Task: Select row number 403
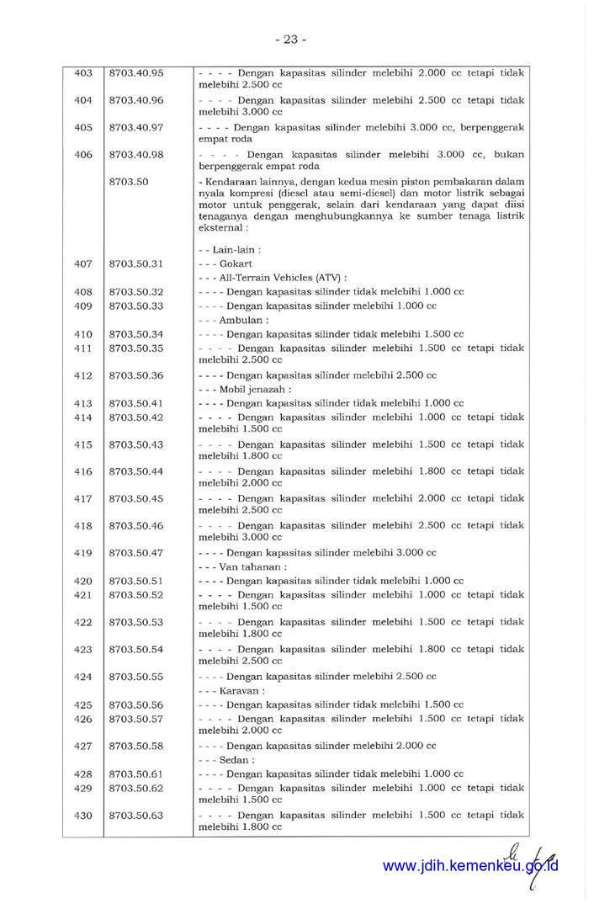(x=83, y=73)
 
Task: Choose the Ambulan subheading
(x=243, y=320)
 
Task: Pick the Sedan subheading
(x=236, y=760)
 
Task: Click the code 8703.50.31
(x=136, y=263)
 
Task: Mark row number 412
(x=83, y=375)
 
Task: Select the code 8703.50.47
(x=136, y=553)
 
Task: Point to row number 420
(x=83, y=581)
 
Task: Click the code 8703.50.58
(x=136, y=747)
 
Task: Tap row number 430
(x=83, y=816)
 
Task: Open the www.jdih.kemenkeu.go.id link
(x=470, y=866)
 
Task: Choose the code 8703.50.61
(x=136, y=774)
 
